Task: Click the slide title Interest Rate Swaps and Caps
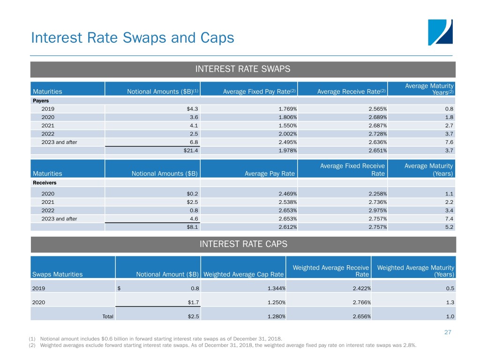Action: coord(132,37)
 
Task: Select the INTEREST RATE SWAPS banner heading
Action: coord(243,69)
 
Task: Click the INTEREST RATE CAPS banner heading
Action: coord(243,244)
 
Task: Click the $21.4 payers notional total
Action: coord(190,150)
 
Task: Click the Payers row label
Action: coord(40,100)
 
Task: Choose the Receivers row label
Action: coord(44,183)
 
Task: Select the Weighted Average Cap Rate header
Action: coord(243,274)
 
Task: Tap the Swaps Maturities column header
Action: coord(57,274)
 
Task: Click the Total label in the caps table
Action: coord(108,316)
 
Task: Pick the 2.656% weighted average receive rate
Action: coord(359,316)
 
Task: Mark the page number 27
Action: coord(447,332)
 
